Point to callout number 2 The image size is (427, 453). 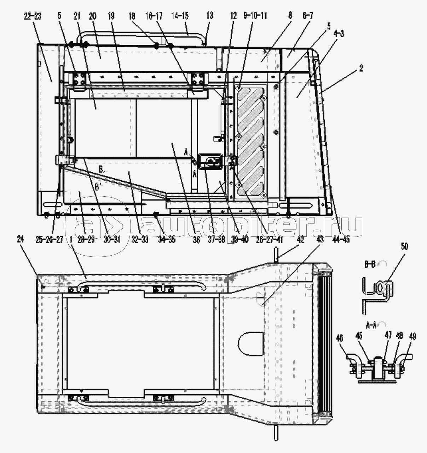tap(361, 69)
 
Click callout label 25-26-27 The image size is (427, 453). tap(49, 239)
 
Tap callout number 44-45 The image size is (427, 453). tap(341, 239)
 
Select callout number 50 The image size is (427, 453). tap(404, 246)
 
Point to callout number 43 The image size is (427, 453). tap(320, 239)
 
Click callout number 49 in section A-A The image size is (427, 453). tap(413, 336)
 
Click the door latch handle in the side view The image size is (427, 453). tap(211, 163)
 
